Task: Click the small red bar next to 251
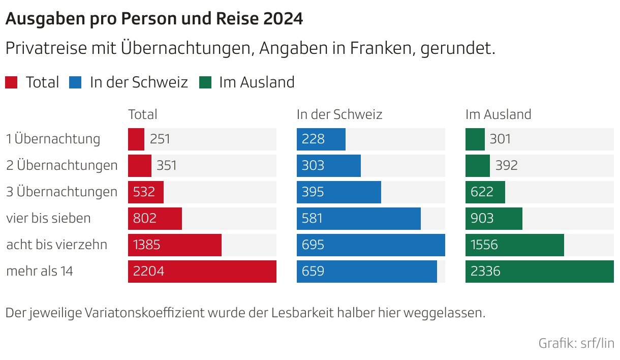pos(136,139)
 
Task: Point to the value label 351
pos(167,166)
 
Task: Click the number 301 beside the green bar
pos(500,139)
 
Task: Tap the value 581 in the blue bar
pos(313,219)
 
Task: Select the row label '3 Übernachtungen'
pos(61,192)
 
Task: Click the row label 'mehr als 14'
pos(40,272)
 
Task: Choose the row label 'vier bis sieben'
pos(48,219)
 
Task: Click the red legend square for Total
pos(11,82)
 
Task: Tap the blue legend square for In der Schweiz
pos(75,82)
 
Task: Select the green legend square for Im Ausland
pos(205,82)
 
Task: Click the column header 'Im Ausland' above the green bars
pos(498,114)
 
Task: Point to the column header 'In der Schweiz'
pos(339,114)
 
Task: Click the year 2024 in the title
pos(284,19)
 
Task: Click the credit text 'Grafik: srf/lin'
pos(576,343)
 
